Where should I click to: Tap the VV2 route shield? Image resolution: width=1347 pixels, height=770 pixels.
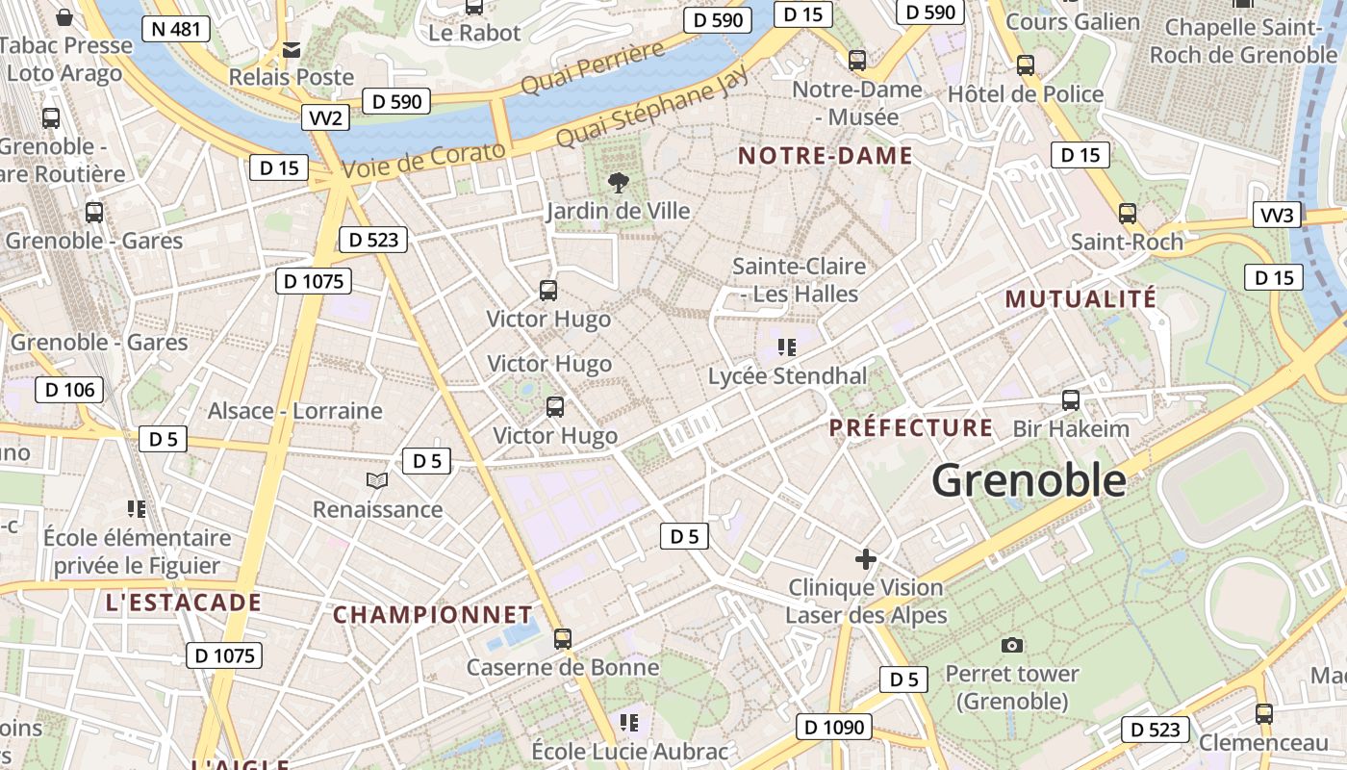pos(325,118)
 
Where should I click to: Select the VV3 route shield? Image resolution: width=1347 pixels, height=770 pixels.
pos(1277,215)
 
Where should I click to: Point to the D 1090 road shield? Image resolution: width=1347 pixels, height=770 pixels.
pos(834,728)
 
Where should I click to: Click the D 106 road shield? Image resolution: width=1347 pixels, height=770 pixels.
pos(69,390)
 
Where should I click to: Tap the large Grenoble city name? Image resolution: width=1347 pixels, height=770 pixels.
pos(1029,479)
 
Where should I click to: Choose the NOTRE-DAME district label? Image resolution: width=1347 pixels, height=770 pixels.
pos(825,156)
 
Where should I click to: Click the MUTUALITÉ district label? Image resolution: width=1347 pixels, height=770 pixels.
pos(1080,299)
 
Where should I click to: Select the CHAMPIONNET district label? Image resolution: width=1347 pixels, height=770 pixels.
pos(432,615)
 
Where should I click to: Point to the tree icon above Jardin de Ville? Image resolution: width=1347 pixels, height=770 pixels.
pos(618,181)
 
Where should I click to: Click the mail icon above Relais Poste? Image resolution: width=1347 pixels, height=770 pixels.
pos(291,49)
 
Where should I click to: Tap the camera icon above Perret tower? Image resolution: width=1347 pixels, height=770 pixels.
pos(1011,645)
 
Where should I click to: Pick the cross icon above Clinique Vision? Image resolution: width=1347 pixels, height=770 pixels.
pos(866,558)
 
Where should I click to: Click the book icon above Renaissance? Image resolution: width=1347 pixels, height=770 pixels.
pos(377,480)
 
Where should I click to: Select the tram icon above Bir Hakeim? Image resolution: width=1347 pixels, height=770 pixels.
pos(1071,399)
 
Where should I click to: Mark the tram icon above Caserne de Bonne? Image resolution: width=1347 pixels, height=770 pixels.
pos(563,638)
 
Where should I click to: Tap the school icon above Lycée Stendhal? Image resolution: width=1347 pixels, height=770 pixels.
pos(787,346)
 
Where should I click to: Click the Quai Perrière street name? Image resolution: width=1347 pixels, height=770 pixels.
pos(592,68)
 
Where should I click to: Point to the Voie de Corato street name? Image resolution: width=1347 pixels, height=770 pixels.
pos(424,159)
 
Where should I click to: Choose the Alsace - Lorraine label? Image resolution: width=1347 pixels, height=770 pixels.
pos(295,411)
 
